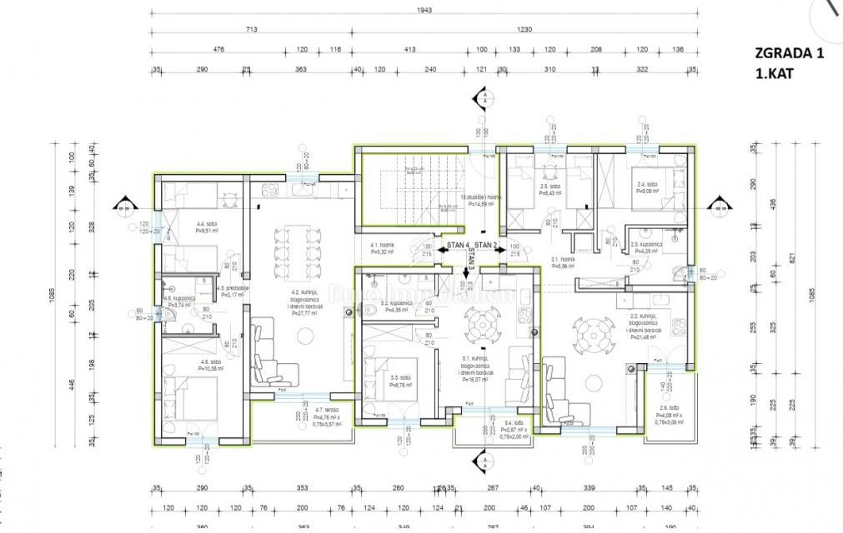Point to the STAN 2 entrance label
[x=486, y=246]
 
